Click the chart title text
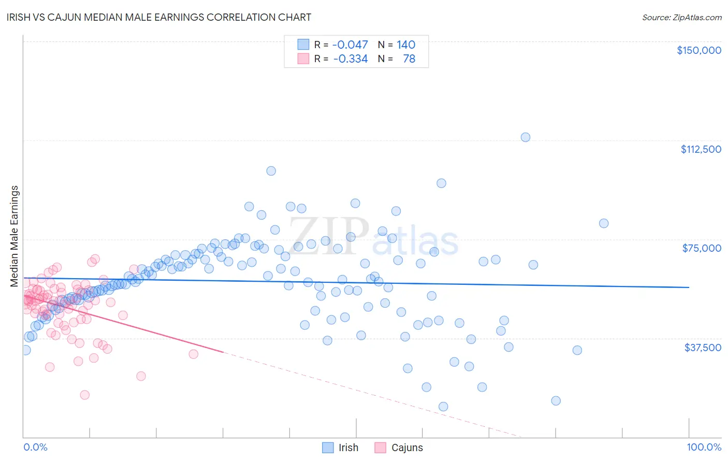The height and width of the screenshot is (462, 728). pos(159,17)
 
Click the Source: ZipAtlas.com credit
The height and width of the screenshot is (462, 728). pos(681,18)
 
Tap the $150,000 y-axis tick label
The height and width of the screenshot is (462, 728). pos(698,50)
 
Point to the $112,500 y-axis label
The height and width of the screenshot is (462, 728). pos(701,149)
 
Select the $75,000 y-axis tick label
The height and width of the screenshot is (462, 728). pos(701,248)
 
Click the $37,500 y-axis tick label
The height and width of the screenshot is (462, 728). pos(702,348)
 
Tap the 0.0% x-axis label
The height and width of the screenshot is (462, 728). pos(35,447)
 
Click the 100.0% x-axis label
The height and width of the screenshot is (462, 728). pos(704,447)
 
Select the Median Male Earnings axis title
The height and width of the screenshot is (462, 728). pos(14,236)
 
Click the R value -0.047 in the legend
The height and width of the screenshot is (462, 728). pos(350,45)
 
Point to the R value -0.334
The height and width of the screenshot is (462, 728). pos(350,59)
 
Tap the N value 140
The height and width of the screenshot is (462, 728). pos(406,45)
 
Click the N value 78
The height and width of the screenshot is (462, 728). pos(409,59)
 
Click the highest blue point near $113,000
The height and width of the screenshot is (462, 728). pos(525,137)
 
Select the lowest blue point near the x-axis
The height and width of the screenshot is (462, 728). pos(443,407)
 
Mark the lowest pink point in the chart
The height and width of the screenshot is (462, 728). pos(85,395)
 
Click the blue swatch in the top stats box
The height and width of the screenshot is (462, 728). pos(303,45)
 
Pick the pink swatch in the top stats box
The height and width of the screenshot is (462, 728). pos(303,59)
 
